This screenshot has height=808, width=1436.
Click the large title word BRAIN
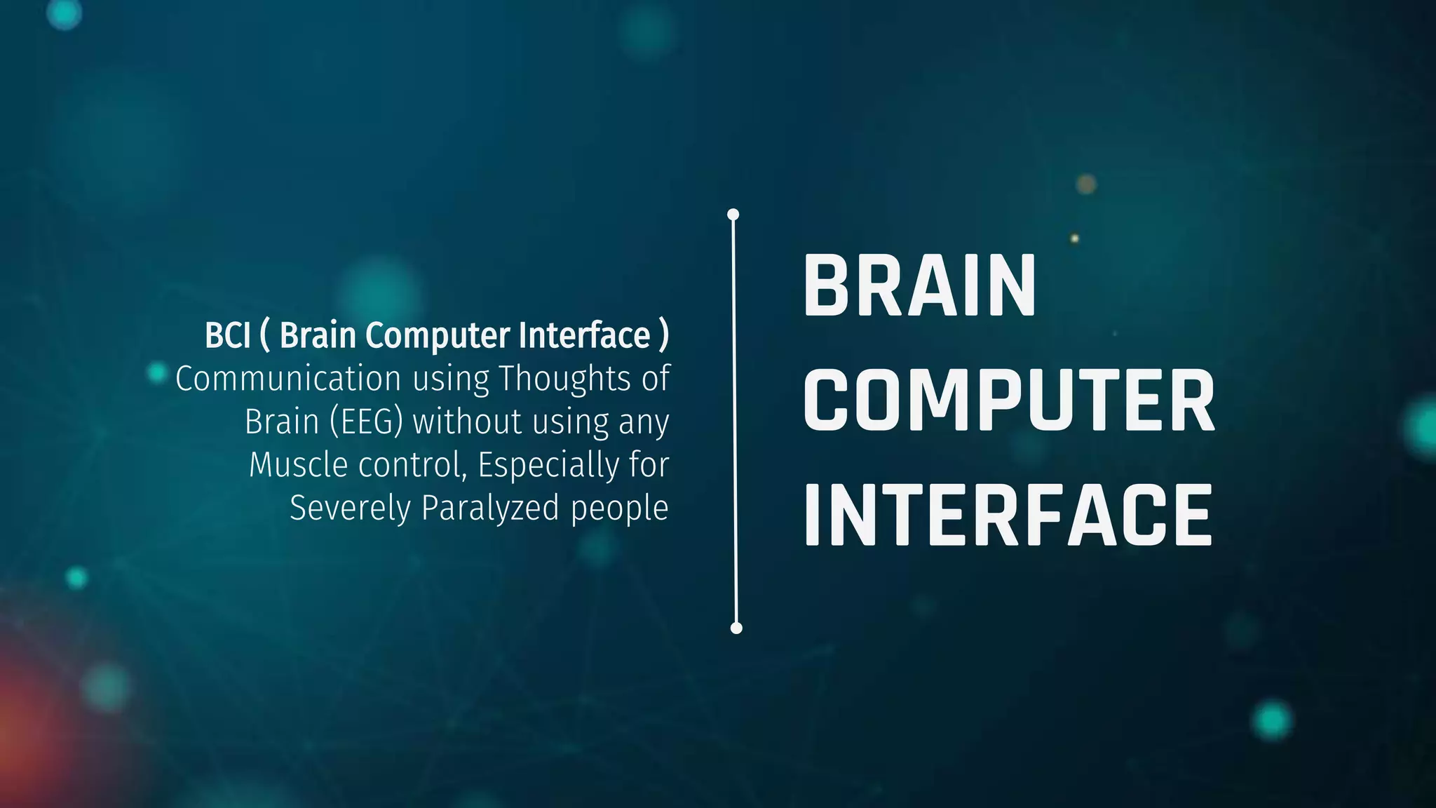pyautogui.click(x=919, y=285)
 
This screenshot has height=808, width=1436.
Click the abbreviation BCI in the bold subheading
pyautogui.click(x=227, y=335)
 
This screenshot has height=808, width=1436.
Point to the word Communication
pyautogui.click(x=288, y=379)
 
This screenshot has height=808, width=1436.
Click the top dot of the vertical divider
pyautogui.click(x=733, y=214)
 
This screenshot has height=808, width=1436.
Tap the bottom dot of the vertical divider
pyautogui.click(x=736, y=628)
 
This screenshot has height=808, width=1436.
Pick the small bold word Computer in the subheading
pyautogui.click(x=438, y=336)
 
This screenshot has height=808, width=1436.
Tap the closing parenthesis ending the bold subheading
pyautogui.click(x=663, y=335)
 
